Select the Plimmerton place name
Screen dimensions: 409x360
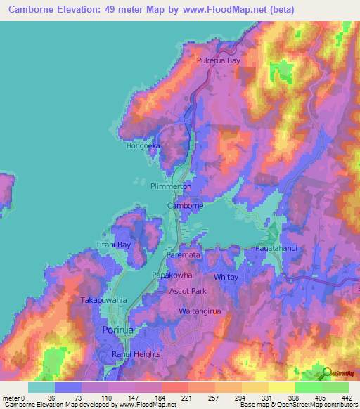coord(171,186)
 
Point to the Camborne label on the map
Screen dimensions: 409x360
coord(185,206)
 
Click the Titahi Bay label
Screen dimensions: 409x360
coord(114,245)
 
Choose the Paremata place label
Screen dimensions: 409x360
coord(184,257)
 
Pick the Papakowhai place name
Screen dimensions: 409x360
coord(173,276)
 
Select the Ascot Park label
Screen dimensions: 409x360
coord(188,291)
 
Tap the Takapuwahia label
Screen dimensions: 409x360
coord(103,299)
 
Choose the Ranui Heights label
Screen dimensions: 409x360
coord(136,354)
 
